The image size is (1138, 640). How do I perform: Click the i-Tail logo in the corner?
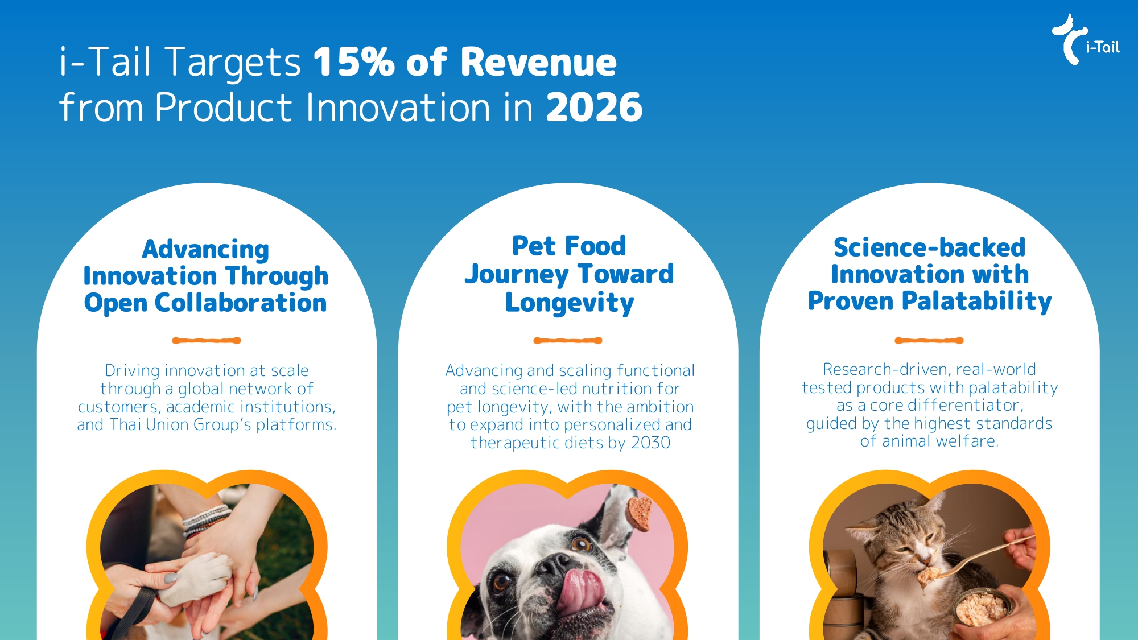[x=1086, y=40]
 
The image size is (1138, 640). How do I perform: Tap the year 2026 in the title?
[x=594, y=106]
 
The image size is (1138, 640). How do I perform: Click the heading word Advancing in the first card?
[x=205, y=250]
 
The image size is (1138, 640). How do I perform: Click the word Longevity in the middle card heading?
[x=569, y=303]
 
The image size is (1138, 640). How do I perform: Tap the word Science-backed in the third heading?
[x=929, y=247]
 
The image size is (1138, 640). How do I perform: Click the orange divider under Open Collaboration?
[x=207, y=341]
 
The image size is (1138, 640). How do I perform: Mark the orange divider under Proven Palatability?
[x=929, y=341]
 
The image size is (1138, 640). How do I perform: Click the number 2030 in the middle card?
[x=651, y=443]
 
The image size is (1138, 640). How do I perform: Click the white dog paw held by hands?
[x=196, y=577]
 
